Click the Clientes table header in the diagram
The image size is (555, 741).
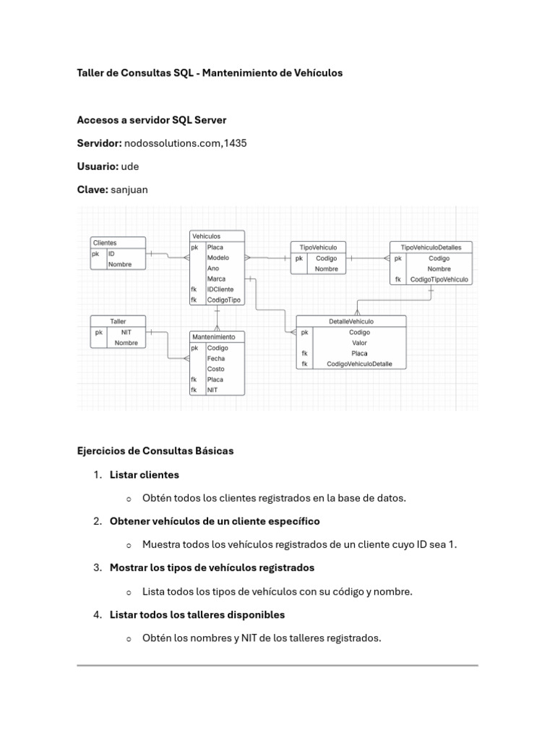(106, 243)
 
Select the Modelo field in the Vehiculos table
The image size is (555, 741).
(218, 258)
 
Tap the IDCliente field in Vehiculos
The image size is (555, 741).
(220, 289)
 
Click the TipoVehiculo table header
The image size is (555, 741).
(318, 247)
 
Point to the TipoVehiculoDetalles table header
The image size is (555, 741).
(431, 247)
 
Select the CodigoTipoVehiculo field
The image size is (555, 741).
(439, 279)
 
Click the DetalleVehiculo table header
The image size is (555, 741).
(351, 321)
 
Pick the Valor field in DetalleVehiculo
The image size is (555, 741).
(359, 343)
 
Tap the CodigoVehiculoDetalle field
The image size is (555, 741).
(359, 364)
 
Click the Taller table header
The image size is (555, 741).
(118, 321)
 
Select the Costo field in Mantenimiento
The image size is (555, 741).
(215, 368)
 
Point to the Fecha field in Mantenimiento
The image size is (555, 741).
(215, 358)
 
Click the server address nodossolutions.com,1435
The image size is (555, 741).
(186, 143)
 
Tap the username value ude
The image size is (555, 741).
(130, 166)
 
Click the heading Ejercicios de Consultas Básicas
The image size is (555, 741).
(155, 451)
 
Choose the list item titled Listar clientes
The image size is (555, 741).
(145, 475)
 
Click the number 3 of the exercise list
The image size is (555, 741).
(97, 568)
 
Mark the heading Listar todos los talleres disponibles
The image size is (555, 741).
(197, 614)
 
